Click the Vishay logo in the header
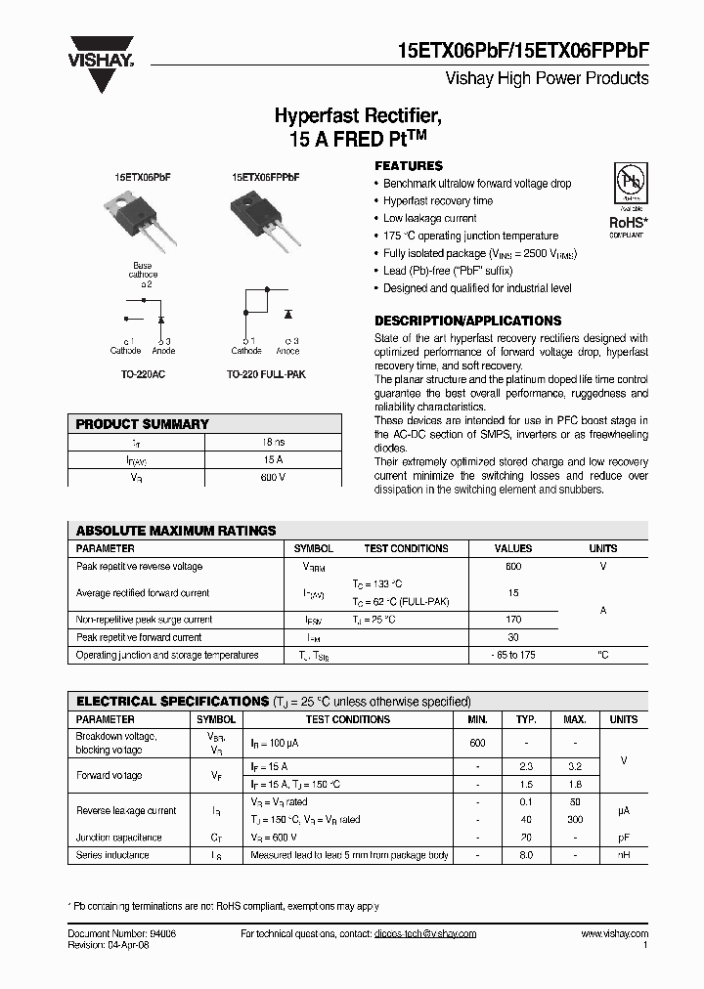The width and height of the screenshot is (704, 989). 100,63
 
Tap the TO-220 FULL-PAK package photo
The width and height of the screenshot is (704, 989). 263,221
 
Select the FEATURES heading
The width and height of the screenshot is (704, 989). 409,166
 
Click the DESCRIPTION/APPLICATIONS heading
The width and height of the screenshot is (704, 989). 468,321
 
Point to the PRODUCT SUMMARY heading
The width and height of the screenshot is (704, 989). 142,424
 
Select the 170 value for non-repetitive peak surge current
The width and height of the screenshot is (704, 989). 513,620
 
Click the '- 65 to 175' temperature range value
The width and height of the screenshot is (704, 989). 513,655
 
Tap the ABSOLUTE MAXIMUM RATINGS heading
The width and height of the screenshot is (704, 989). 176,531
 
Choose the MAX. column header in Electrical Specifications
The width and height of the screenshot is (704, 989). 575,719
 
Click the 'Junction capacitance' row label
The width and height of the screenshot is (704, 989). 118,838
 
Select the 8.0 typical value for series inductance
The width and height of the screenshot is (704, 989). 526,855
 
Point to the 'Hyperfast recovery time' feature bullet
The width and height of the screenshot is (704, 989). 437,201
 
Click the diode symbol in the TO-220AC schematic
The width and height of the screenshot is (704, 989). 160,319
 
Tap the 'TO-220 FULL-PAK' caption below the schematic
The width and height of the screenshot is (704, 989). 266,374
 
